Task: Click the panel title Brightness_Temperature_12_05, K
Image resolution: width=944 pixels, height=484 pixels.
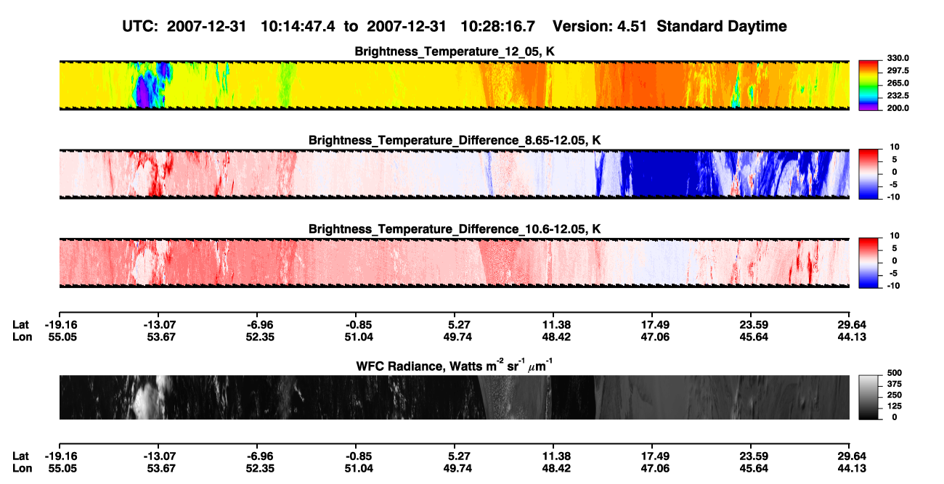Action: point(455,52)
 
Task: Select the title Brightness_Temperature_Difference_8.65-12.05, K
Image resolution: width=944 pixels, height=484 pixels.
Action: point(455,140)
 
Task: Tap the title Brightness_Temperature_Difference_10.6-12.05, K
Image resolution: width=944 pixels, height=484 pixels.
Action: point(455,229)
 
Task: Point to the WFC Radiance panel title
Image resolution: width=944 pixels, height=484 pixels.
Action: point(455,365)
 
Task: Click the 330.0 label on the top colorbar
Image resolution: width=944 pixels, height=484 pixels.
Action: point(898,58)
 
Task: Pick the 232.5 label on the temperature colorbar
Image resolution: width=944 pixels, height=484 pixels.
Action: point(898,96)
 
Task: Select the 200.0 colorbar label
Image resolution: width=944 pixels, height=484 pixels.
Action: point(898,108)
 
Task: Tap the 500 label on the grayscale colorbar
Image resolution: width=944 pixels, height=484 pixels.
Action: point(895,373)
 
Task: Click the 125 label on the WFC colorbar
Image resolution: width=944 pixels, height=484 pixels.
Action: point(895,406)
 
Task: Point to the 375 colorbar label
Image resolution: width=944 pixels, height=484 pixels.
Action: point(895,384)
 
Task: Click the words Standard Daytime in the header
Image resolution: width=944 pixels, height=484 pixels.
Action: point(722,26)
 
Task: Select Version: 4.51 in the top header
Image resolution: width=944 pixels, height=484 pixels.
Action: point(599,26)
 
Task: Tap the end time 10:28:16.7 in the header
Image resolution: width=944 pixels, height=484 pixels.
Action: point(497,26)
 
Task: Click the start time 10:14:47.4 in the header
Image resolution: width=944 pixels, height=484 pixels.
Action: point(298,26)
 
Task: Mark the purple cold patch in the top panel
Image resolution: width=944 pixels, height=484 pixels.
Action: point(142,95)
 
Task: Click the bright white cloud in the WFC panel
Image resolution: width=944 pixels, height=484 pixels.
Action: point(147,398)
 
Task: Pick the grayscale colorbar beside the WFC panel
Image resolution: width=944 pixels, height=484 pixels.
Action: point(868,397)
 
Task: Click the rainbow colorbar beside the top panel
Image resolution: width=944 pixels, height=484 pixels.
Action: point(868,86)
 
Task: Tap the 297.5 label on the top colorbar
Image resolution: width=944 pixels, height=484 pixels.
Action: point(898,71)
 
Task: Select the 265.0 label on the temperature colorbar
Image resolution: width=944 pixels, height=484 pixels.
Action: point(898,83)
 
